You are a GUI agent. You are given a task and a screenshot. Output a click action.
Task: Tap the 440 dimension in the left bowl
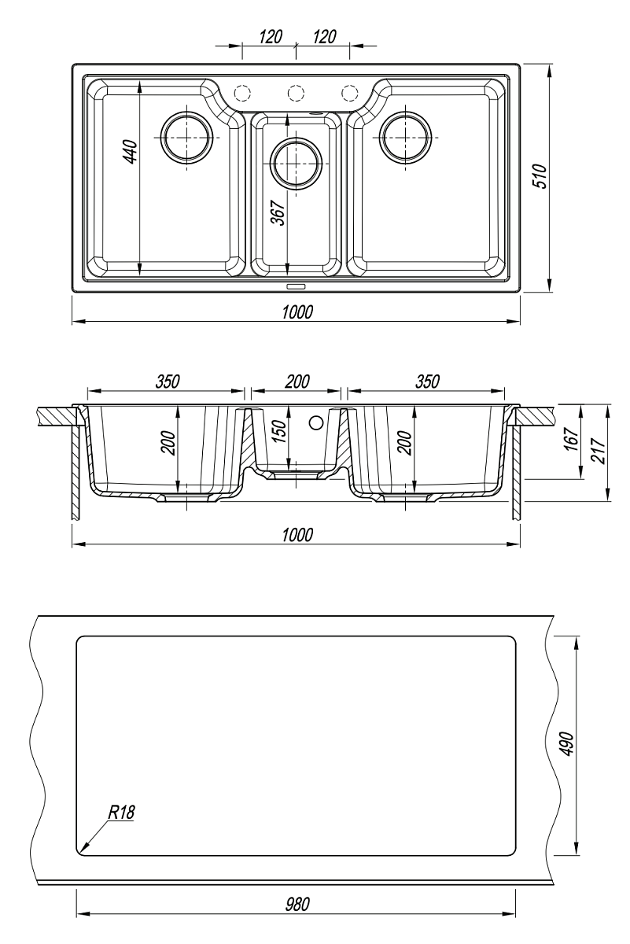(x=130, y=152)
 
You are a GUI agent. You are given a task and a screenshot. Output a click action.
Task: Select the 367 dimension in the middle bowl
(x=278, y=213)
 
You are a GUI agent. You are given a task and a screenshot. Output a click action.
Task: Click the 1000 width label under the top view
(x=297, y=312)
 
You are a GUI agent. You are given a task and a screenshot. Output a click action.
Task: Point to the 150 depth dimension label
(x=279, y=433)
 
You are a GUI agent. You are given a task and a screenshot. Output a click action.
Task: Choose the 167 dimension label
(x=573, y=439)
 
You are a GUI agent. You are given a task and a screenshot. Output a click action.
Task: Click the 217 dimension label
(x=599, y=451)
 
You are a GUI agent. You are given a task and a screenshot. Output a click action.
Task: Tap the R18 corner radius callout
(x=121, y=813)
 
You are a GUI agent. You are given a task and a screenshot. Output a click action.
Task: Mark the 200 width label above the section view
(x=297, y=382)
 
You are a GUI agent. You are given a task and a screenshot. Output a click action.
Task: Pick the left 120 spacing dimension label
(x=270, y=37)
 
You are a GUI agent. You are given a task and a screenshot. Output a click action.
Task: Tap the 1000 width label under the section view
(x=297, y=535)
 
